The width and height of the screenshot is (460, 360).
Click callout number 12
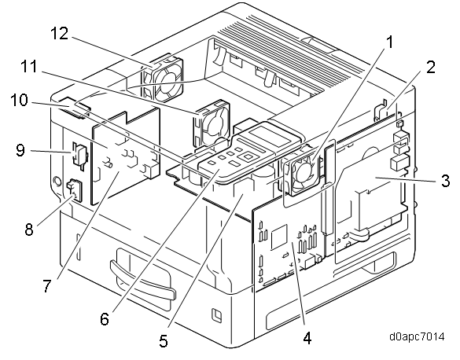pyautogui.click(x=60, y=34)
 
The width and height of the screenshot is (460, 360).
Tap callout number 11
pyautogui.click(x=29, y=66)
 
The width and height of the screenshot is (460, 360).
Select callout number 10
pyautogui.click(x=20, y=101)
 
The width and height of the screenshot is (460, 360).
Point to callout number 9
pyautogui.click(x=20, y=150)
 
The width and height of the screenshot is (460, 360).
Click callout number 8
pyautogui.click(x=29, y=229)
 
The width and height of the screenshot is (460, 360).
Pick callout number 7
pyautogui.click(x=47, y=285)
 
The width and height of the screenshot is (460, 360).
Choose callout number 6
pyautogui.click(x=105, y=318)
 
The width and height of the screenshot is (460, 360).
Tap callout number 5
pyautogui.click(x=164, y=341)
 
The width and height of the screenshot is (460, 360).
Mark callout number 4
pyautogui.click(x=307, y=339)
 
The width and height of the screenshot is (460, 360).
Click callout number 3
pyautogui.click(x=445, y=181)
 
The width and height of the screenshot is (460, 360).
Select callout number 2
pyautogui.click(x=431, y=67)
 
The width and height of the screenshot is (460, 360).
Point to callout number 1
pyautogui.click(x=389, y=42)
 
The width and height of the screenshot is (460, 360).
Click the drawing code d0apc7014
pyautogui.click(x=417, y=336)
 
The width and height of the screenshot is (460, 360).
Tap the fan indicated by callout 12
pyautogui.click(x=162, y=77)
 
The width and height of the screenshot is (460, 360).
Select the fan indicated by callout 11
pyautogui.click(x=212, y=123)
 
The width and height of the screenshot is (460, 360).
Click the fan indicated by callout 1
pyautogui.click(x=302, y=174)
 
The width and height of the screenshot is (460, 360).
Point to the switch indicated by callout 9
pyautogui.click(x=79, y=154)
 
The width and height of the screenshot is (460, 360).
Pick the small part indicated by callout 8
pyautogui.click(x=75, y=190)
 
